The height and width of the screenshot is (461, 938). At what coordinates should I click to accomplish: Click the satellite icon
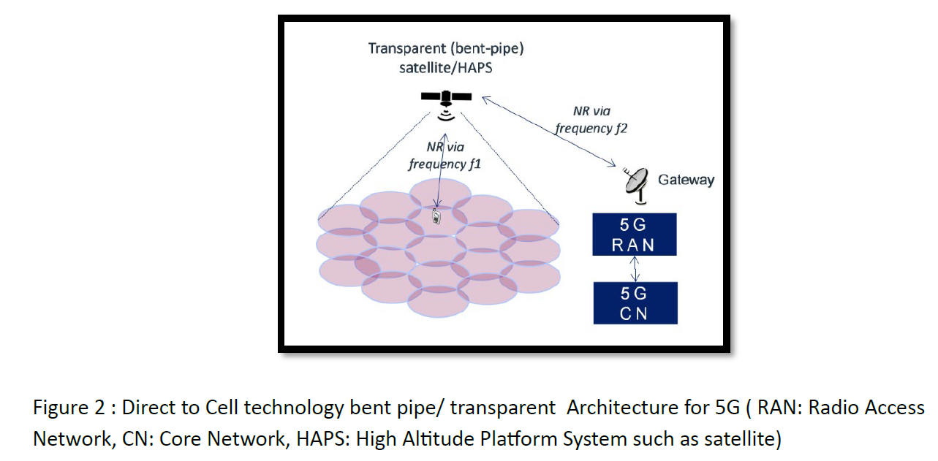point(446,97)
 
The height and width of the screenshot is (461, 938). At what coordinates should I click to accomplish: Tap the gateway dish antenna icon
point(636,185)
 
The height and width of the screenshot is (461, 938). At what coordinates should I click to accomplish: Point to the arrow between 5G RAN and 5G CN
point(635,269)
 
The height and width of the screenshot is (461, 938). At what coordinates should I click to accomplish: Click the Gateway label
point(686,179)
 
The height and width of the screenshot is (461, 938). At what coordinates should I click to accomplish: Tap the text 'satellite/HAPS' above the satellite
point(446,69)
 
